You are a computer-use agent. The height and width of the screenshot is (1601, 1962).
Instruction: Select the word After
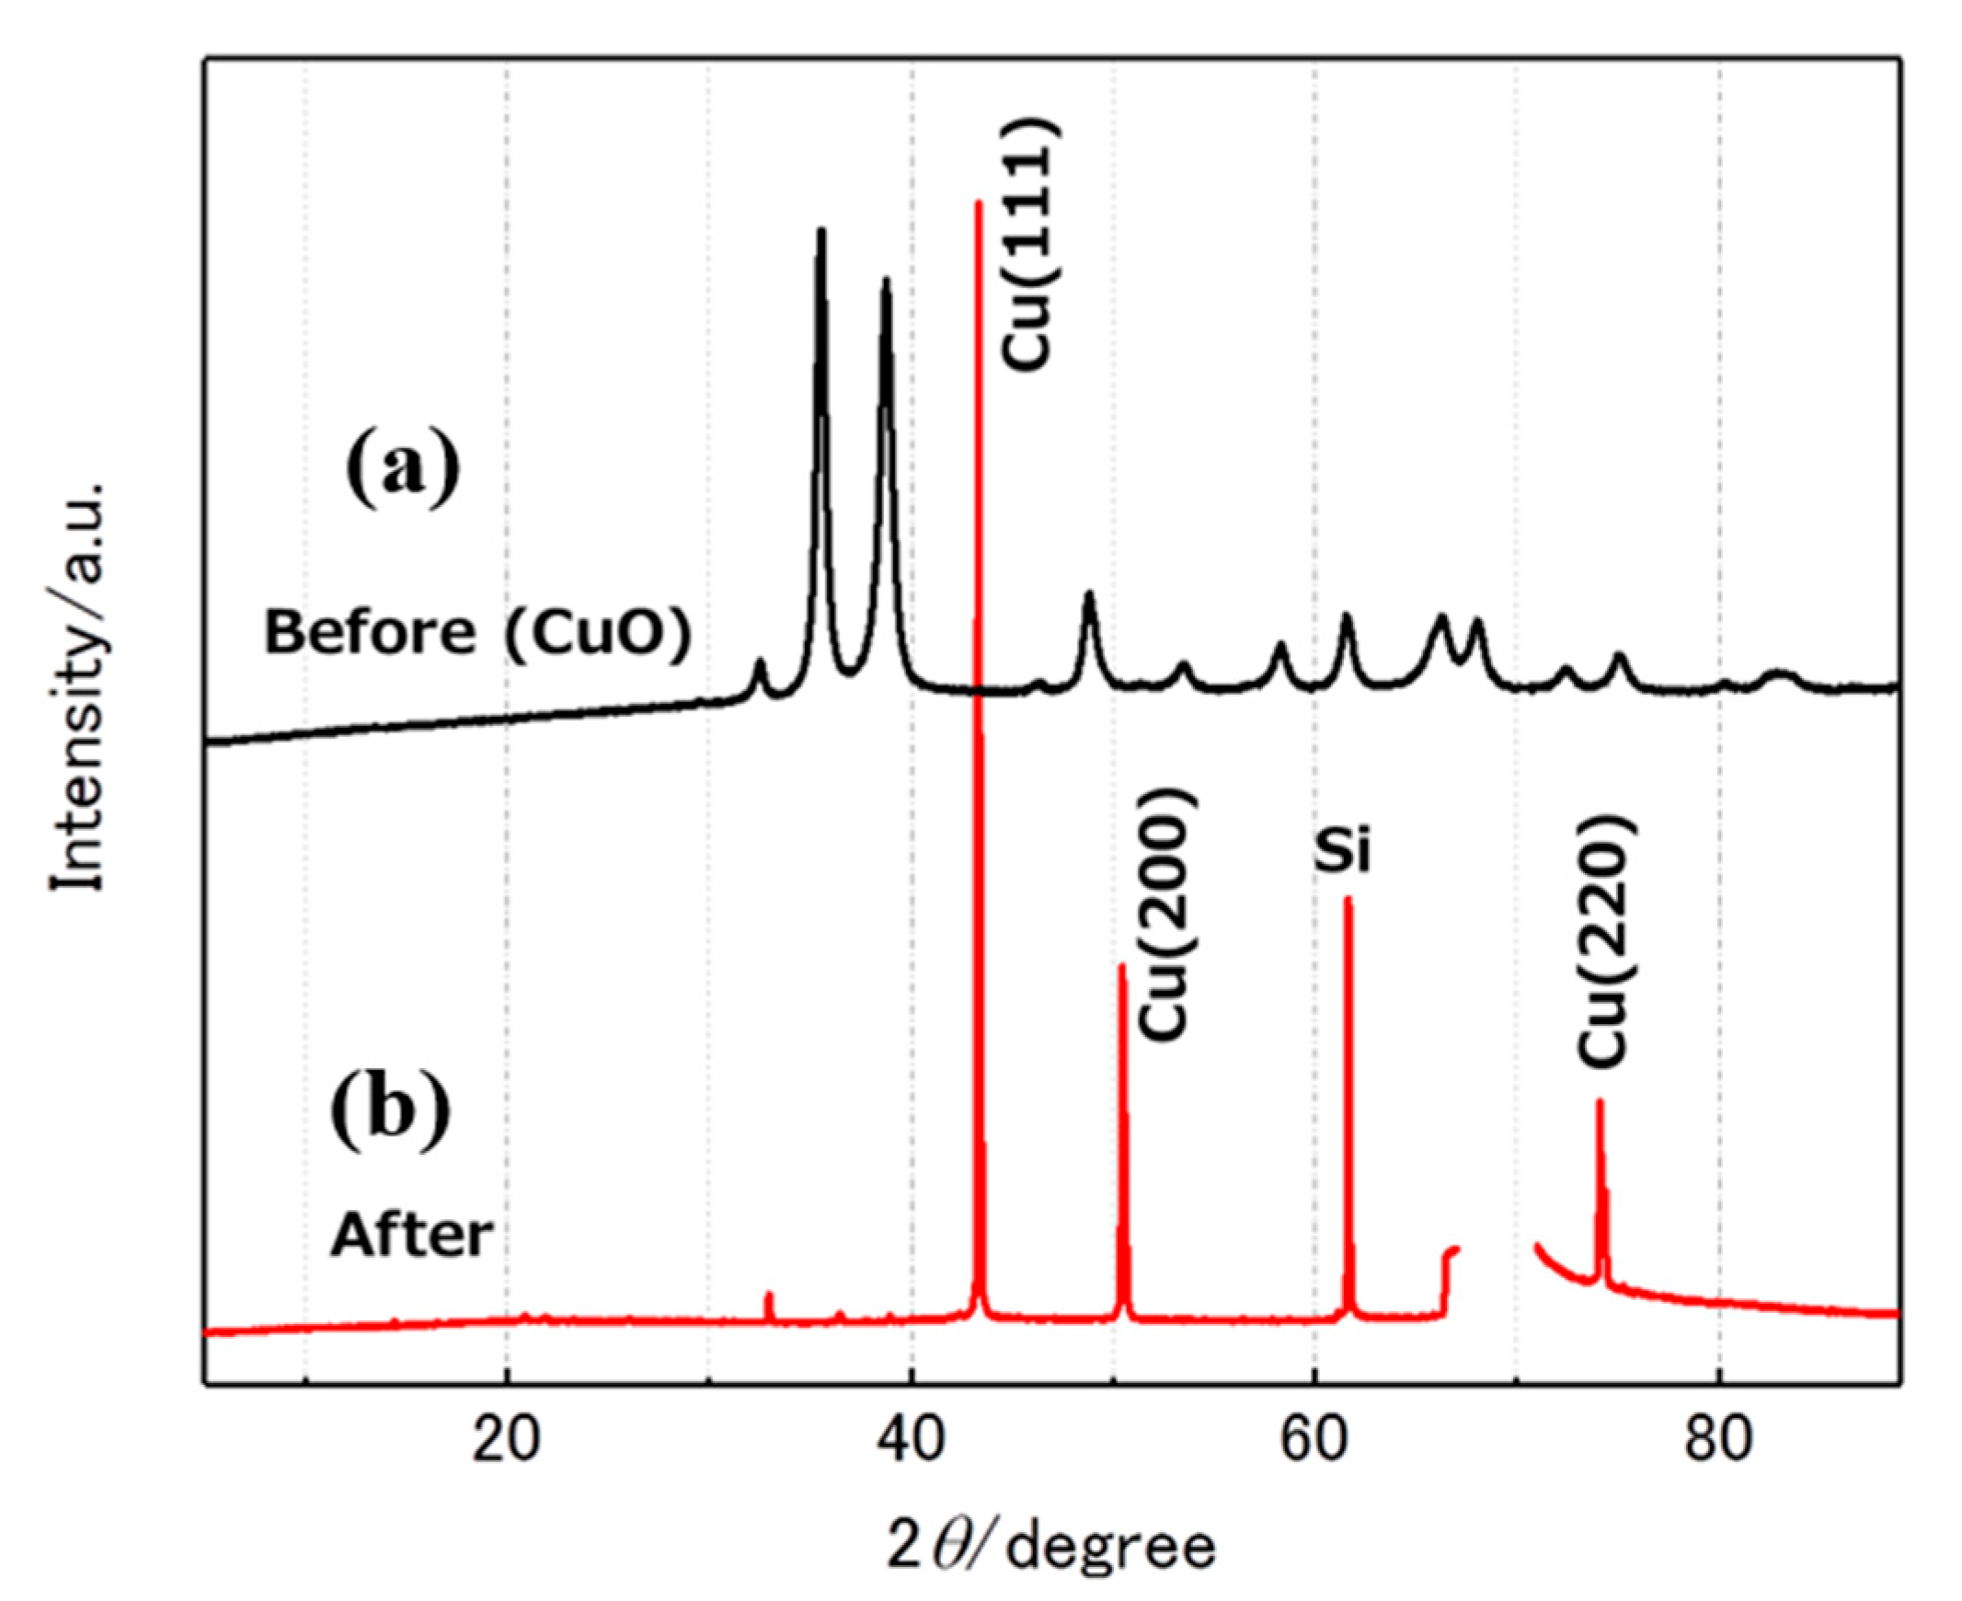coord(411,1236)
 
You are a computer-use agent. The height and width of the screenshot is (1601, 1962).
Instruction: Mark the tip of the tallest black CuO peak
coord(820,230)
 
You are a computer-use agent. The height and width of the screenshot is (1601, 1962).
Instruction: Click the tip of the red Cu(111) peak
coord(978,202)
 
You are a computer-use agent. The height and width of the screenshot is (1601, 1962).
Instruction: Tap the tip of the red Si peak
coord(1347,898)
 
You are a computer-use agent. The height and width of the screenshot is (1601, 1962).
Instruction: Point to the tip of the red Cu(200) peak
coord(1122,965)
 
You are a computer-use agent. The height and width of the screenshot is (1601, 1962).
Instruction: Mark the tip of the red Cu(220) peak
coord(1600,1101)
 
